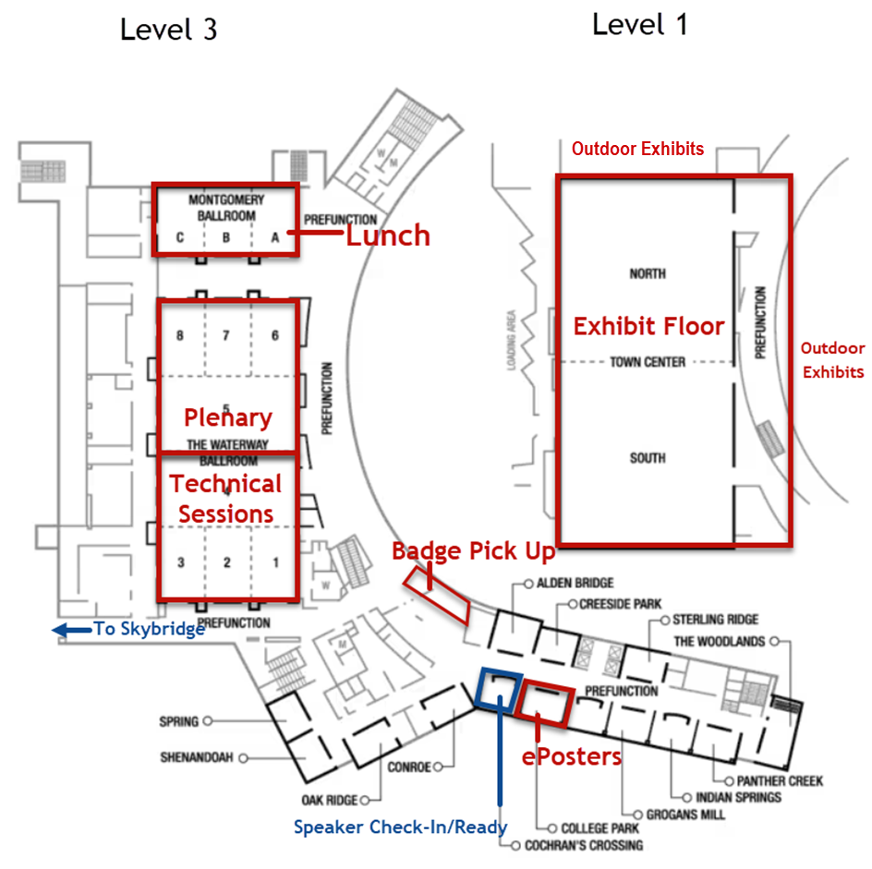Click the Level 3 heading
[x=169, y=30]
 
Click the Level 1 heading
[x=639, y=25]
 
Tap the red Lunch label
[x=388, y=235]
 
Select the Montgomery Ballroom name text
[x=226, y=207]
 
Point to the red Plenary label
[x=227, y=416]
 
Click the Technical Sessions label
[x=226, y=498]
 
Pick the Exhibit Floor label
[x=648, y=326]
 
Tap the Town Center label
[x=647, y=362]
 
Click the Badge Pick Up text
[x=473, y=552]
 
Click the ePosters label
[x=571, y=756]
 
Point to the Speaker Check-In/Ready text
[x=400, y=827]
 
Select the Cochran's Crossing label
[x=582, y=845]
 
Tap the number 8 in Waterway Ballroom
[x=180, y=336]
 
